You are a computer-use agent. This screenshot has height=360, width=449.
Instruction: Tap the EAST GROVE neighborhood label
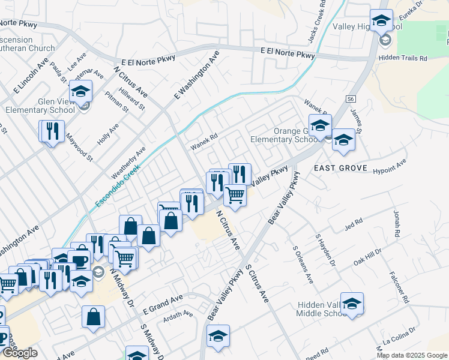coord(340,169)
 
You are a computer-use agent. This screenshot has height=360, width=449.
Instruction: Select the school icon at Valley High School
coord(381,22)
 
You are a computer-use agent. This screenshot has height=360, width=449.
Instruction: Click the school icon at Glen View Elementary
coord(80,92)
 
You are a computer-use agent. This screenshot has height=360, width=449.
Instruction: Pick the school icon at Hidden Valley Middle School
coord(352,304)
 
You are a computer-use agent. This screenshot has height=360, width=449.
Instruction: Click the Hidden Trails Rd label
coord(402,59)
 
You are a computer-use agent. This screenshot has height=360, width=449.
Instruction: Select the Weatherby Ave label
coord(129,162)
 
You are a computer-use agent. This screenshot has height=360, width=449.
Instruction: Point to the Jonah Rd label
coord(396,223)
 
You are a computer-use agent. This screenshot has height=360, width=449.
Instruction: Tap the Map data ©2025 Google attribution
coord(412,355)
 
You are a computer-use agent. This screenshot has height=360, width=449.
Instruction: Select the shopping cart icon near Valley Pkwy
coord(235,195)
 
